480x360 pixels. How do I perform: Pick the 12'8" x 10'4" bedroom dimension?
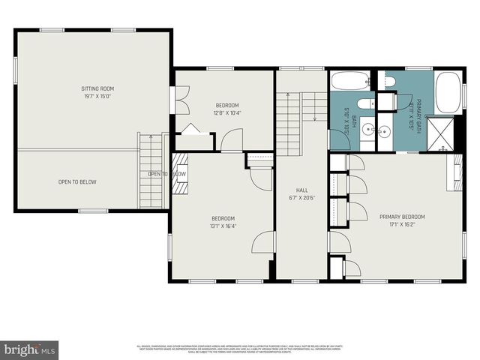[x=227, y=112]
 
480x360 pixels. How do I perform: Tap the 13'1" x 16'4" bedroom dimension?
[x=223, y=225]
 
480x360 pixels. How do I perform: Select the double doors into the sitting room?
[x=174, y=100]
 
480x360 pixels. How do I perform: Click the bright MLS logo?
[x=30, y=349]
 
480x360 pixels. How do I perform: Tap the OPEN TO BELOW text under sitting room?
[x=77, y=181]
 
